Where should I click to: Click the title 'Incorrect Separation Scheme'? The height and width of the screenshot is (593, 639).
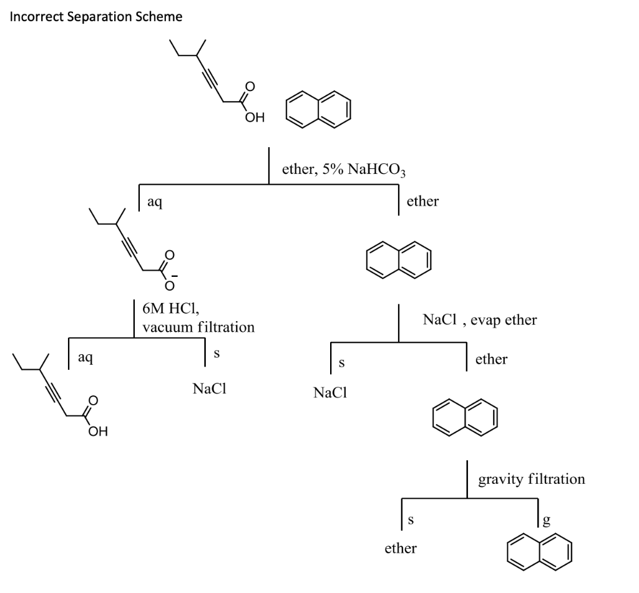click(x=96, y=17)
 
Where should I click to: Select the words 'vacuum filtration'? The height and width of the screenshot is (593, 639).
click(x=198, y=327)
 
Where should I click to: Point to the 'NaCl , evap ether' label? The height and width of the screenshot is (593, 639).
click(x=479, y=321)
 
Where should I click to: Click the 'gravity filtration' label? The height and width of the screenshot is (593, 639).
click(x=531, y=480)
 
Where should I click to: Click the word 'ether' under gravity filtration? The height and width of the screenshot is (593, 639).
click(x=400, y=549)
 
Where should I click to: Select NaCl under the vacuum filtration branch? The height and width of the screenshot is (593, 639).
click(x=209, y=389)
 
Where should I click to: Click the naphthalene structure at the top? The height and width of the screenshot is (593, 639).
click(x=318, y=110)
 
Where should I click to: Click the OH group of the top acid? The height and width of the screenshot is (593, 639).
click(x=255, y=117)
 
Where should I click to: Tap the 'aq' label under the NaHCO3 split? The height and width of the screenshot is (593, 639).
click(x=154, y=201)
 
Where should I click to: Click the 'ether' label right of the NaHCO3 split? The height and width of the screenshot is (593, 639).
click(x=422, y=201)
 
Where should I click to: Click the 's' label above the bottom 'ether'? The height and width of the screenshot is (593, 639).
click(x=411, y=519)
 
